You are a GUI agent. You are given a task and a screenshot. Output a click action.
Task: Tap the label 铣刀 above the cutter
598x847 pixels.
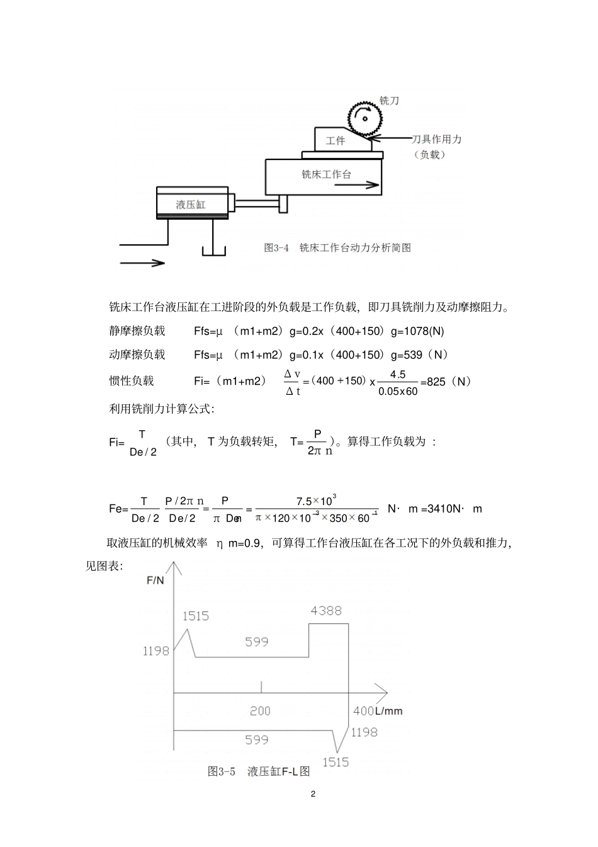coord(389,101)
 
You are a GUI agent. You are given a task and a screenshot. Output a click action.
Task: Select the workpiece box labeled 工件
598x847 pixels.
coord(335,140)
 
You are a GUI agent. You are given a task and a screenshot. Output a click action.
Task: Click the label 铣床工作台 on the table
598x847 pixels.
coord(326,174)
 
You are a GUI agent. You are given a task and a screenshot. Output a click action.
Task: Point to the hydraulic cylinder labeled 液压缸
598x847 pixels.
coord(191,204)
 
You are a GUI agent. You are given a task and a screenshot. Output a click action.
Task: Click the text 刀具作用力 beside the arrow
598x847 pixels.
coord(436,140)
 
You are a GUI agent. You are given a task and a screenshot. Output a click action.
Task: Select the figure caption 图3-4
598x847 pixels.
coord(276,248)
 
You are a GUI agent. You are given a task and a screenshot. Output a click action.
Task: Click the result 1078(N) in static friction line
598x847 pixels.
coord(424,331)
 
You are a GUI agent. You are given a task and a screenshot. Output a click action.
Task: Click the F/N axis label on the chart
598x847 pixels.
coord(155,580)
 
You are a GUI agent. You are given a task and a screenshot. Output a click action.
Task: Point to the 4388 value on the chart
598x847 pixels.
coord(326,610)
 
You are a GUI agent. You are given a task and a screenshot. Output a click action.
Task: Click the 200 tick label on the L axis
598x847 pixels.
coord(260,711)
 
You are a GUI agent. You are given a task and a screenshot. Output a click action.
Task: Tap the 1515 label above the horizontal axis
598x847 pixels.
coord(196,616)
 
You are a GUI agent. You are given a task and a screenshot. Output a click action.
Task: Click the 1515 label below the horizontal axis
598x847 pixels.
coord(336,762)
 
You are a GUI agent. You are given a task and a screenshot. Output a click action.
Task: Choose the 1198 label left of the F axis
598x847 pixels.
coord(155,651)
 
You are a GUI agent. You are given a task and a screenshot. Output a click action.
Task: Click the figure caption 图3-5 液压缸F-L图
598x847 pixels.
coord(259,771)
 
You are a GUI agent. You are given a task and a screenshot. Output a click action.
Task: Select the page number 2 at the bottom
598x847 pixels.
coord(313,793)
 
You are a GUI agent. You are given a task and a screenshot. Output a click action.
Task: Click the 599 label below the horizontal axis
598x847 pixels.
coord(257,740)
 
